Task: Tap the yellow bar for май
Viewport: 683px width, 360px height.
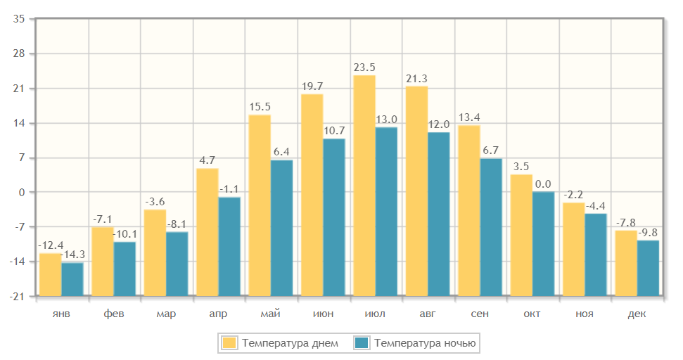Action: click(x=260, y=205)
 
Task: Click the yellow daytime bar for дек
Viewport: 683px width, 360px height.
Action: click(x=626, y=262)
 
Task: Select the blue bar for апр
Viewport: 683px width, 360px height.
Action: click(x=229, y=246)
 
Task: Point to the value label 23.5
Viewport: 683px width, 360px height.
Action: click(x=364, y=67)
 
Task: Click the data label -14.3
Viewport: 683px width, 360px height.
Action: click(x=73, y=255)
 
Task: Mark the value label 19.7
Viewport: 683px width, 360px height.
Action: click(x=312, y=86)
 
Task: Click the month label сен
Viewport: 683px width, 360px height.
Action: click(x=480, y=314)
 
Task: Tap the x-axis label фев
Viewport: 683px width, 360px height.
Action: click(x=114, y=314)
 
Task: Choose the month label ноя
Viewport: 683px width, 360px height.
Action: click(x=585, y=314)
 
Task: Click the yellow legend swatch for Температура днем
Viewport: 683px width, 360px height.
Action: click(x=229, y=343)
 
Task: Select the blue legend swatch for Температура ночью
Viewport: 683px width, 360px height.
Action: click(x=362, y=343)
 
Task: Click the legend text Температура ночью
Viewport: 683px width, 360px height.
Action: click(x=426, y=343)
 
